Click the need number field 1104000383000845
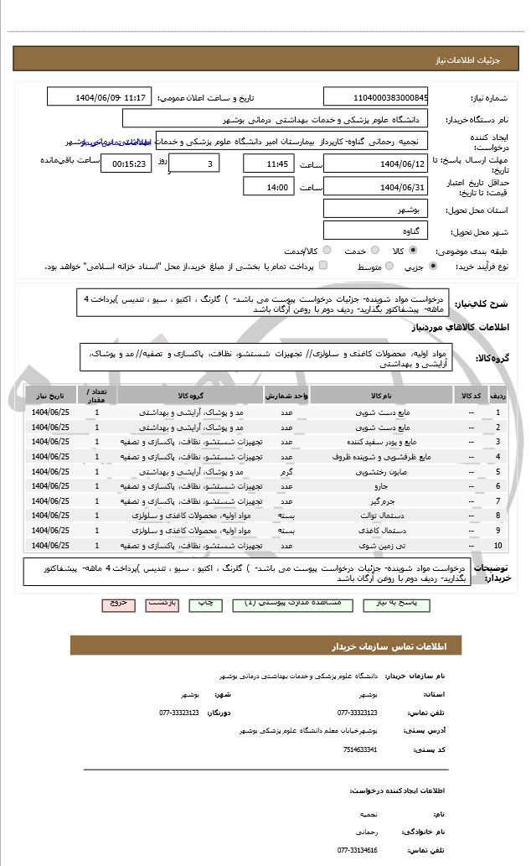376,97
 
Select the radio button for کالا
413,250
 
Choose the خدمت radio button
374,250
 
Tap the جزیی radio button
432,266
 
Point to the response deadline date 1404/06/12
376,163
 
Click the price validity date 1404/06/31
376,187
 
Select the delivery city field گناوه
376,229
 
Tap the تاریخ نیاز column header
50,393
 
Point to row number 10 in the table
499,546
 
